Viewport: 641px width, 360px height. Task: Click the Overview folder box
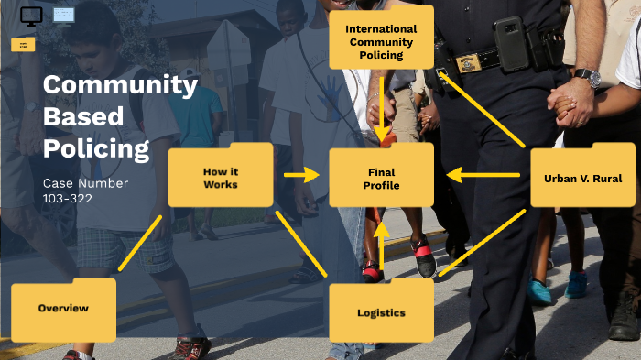point(63,310)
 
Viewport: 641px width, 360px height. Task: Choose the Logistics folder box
point(381,312)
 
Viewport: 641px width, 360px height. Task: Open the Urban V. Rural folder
point(582,176)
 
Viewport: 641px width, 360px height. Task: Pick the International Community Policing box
point(381,42)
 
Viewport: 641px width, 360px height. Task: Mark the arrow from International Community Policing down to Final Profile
point(382,105)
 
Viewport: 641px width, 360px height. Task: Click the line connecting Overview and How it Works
point(140,243)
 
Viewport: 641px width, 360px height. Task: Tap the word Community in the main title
point(120,86)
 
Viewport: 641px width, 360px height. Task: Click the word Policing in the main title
point(96,148)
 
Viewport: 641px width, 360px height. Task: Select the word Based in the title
point(82,117)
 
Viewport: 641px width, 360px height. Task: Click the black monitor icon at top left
point(31,16)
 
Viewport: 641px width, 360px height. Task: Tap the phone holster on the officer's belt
point(508,43)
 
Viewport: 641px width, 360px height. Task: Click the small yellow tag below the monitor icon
point(23,45)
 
